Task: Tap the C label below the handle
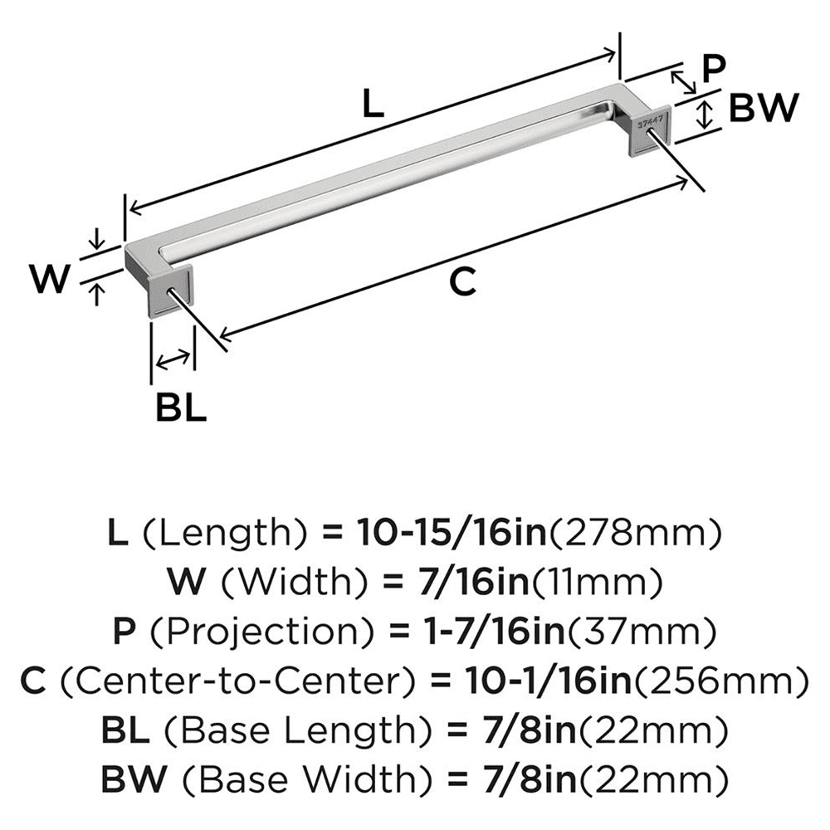pos(461,282)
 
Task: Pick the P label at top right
pos(713,69)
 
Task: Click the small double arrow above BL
pos(173,359)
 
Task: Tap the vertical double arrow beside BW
pos(704,113)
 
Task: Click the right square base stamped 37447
pos(651,129)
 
